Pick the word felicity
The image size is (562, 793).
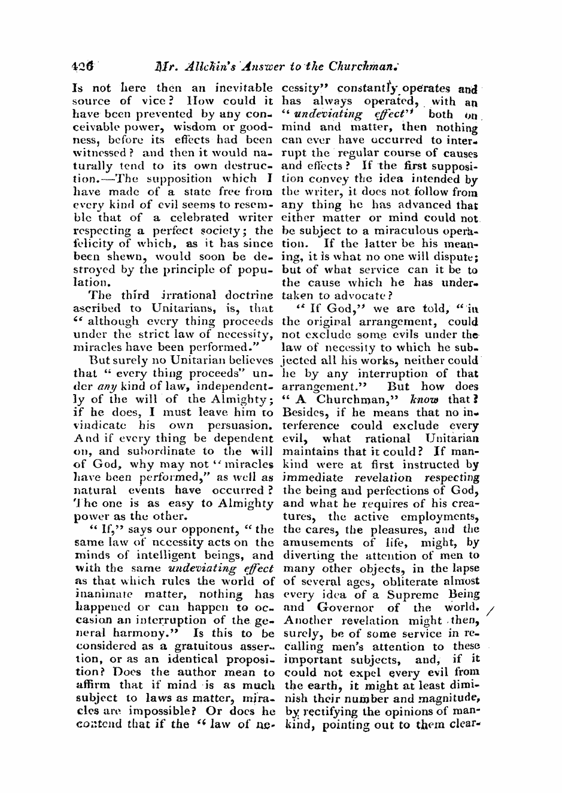point(97,244)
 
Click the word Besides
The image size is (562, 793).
point(304,413)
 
